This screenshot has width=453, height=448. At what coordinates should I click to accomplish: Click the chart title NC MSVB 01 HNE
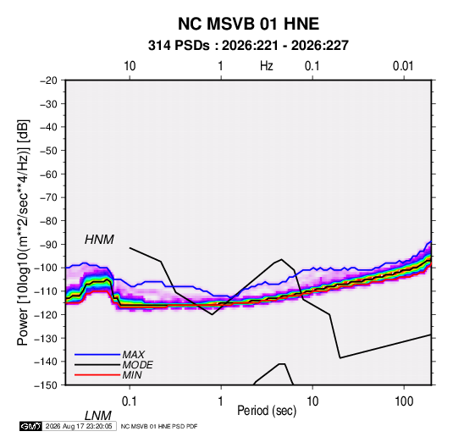point(248,24)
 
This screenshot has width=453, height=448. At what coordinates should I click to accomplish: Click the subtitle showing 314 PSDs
point(248,46)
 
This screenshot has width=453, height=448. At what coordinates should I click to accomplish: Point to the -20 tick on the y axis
point(48,80)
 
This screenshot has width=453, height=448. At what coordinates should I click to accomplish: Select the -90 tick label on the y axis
point(48,245)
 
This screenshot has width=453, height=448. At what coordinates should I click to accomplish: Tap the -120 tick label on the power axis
point(46,315)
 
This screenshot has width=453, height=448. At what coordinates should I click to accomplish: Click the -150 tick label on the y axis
point(46,385)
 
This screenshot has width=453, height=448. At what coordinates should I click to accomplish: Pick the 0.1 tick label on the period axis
point(130,401)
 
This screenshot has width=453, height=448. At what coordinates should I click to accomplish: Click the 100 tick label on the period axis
point(404,401)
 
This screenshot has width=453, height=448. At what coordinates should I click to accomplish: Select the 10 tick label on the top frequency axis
point(130,66)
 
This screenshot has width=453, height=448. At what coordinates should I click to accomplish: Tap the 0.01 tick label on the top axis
point(403,66)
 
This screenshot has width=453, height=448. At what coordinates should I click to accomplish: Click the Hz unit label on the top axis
point(267,66)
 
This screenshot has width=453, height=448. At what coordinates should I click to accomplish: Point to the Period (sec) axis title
point(267,411)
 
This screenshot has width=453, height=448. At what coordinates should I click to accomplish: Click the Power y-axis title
point(23,232)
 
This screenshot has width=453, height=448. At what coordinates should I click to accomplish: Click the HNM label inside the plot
point(99,240)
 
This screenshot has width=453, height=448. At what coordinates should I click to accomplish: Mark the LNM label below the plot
point(98,416)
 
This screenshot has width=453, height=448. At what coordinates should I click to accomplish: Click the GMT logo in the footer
point(31,426)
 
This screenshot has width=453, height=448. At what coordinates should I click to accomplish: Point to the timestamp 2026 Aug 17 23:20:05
point(79,426)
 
